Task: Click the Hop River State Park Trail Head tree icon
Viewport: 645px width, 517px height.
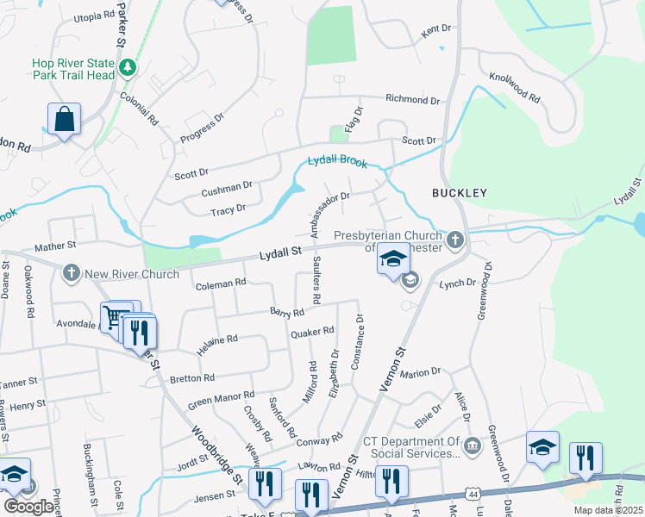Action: [128, 66]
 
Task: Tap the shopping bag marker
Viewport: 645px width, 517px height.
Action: [65, 119]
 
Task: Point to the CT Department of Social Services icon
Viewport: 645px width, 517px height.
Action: [472, 445]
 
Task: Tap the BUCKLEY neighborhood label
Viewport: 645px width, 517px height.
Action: [460, 193]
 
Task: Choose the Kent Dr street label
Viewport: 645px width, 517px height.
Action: [436, 31]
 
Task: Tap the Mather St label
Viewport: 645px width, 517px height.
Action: [56, 246]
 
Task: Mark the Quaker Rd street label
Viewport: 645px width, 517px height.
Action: [311, 332]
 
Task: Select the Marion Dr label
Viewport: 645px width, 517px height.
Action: [420, 372]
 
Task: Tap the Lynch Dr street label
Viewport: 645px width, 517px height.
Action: [457, 283]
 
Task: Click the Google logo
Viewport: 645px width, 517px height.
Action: [28, 507]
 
